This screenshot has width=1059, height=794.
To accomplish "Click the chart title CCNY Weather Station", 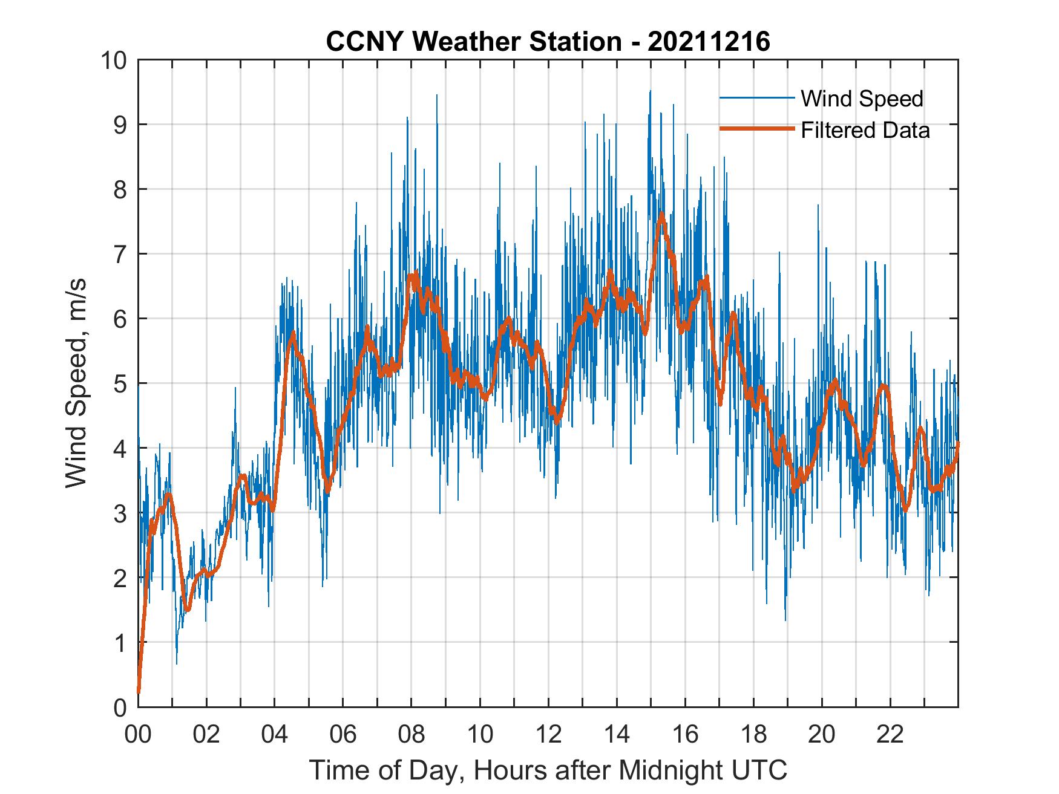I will pyautogui.click(x=473, y=42).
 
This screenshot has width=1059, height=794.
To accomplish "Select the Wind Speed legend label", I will pyautogui.click(x=862, y=99).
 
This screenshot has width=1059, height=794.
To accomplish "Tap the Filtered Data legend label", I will pyautogui.click(x=865, y=130).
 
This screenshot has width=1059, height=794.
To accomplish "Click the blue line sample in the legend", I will pyautogui.click(x=756, y=98).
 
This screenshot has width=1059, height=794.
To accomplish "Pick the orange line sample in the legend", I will pyautogui.click(x=756, y=129).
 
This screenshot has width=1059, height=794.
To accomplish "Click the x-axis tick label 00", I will pyautogui.click(x=138, y=735).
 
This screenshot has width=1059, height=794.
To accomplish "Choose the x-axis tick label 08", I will pyautogui.click(x=411, y=735).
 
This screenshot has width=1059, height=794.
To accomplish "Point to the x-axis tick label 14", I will pyautogui.click(x=617, y=735).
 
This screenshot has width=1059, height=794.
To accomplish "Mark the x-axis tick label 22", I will pyautogui.click(x=890, y=735).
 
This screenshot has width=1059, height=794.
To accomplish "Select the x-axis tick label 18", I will pyautogui.click(x=753, y=735).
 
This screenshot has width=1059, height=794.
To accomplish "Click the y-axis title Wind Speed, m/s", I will pyautogui.click(x=76, y=383).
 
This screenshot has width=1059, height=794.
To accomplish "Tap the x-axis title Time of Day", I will pyautogui.click(x=548, y=770).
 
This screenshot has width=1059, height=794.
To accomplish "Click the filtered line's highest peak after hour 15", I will pyautogui.click(x=662, y=214).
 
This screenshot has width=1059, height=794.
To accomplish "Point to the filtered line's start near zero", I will pyautogui.click(x=139, y=691).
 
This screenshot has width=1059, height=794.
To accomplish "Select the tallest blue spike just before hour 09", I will pyautogui.click(x=436, y=96).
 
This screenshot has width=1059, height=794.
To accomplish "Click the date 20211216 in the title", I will pyautogui.click(x=709, y=42).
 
